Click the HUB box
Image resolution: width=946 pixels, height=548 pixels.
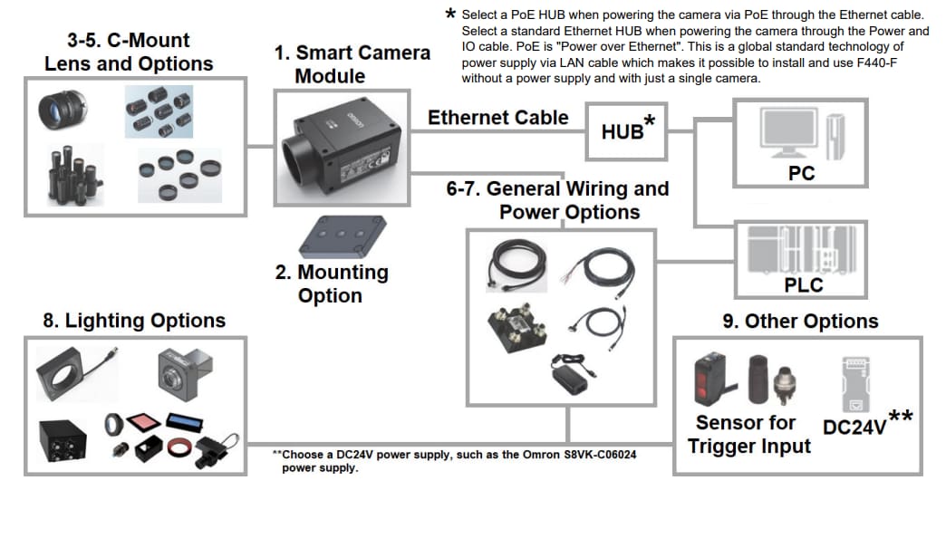point(625,130)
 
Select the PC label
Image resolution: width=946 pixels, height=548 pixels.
point(801,173)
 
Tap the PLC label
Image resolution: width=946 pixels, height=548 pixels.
point(803,284)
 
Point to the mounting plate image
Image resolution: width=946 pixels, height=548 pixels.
point(343,236)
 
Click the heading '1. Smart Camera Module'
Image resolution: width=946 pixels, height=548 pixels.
point(352,64)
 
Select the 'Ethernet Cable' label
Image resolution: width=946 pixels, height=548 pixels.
point(497,118)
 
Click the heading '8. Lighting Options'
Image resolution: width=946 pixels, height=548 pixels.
point(134,321)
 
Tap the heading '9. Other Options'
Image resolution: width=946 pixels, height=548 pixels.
point(799,322)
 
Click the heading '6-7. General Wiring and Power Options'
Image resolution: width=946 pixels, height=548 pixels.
point(556,200)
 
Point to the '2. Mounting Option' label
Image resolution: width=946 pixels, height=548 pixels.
point(331,284)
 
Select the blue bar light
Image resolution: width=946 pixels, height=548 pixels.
point(184,422)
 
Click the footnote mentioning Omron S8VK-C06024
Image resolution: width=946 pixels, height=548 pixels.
point(454,460)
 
